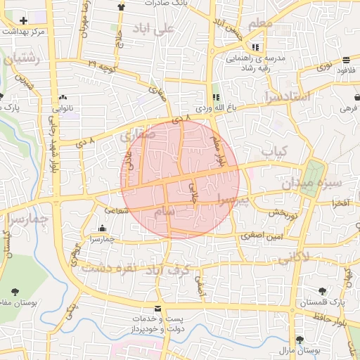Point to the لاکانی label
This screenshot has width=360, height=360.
pos(293,259)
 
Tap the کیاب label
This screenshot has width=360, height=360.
pos(275,150)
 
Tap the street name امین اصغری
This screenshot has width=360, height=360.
pos(259,236)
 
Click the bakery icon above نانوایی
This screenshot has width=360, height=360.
pos(63,97)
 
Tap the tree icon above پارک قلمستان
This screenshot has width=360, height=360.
pos(321,291)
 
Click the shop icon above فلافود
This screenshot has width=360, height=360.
pos(347,60)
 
